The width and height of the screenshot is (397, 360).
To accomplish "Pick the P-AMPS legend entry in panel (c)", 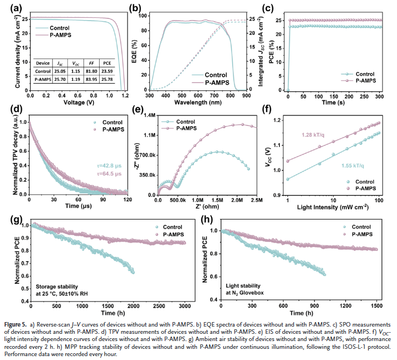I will click(x=367, y=81).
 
